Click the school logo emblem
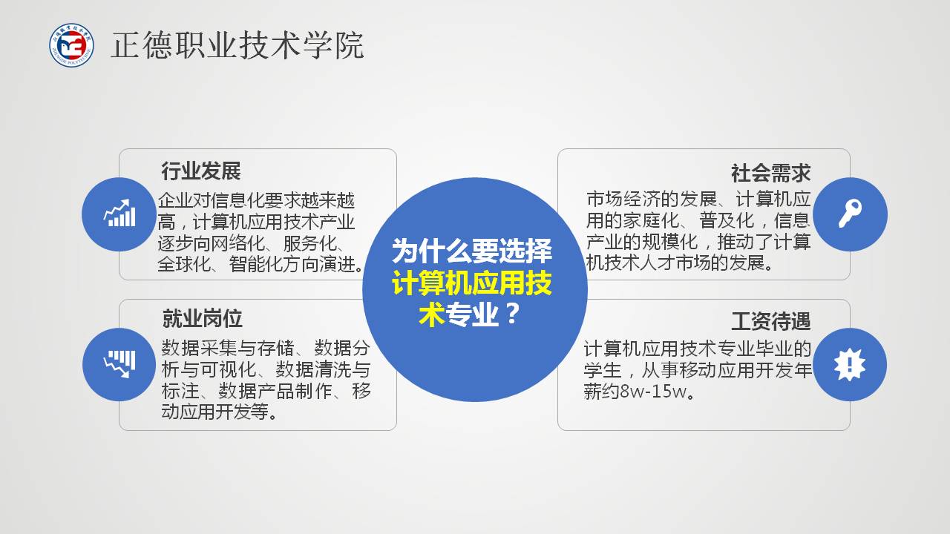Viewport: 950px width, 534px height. (x=71, y=45)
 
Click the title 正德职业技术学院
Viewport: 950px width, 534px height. (x=237, y=45)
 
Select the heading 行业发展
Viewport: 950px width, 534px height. (x=200, y=171)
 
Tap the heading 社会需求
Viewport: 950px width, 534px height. (x=770, y=174)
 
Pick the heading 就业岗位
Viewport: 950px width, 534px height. (x=202, y=319)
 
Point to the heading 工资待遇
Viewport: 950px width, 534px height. (x=771, y=321)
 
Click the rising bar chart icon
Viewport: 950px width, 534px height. (x=119, y=213)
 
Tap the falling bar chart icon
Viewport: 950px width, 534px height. (x=119, y=364)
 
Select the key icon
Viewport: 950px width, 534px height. (x=851, y=213)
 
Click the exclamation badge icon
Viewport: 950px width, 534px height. (x=850, y=364)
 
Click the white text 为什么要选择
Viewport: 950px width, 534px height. (x=471, y=251)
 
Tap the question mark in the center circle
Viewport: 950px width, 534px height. (x=512, y=314)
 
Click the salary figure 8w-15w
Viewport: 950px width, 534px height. (x=653, y=391)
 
